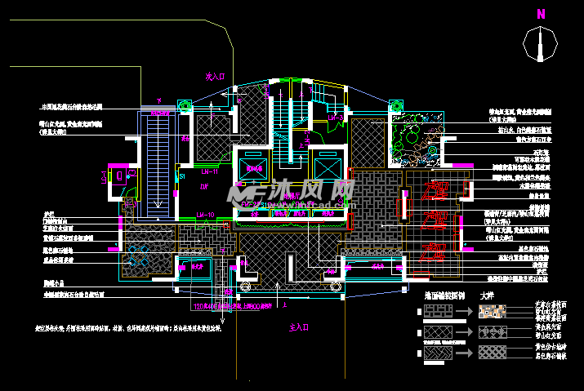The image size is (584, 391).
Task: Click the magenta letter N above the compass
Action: tap(540, 14)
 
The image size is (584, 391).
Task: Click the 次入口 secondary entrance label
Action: tap(215, 76)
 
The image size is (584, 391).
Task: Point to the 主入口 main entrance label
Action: tap(301, 327)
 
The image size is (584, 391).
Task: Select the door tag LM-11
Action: tap(208, 172)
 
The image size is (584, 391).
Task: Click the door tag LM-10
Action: tap(205, 215)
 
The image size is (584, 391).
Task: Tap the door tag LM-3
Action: tap(336, 118)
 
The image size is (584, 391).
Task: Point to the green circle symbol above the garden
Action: tap(396, 105)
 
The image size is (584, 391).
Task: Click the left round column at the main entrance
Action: tap(243, 287)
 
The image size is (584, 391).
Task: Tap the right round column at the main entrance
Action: tap(333, 287)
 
